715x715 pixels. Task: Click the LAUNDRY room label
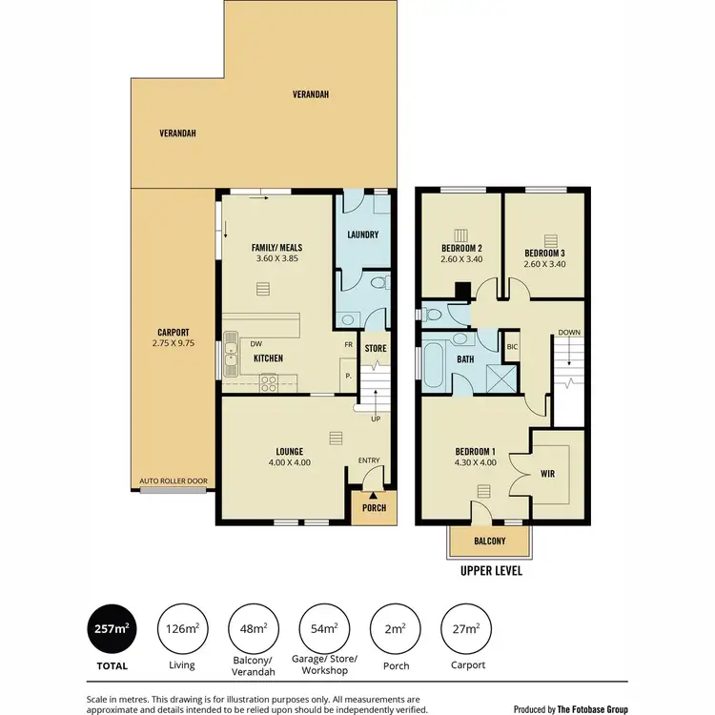pos(363,235)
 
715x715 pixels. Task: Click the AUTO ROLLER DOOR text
pos(173,481)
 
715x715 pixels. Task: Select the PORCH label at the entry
pos(373,507)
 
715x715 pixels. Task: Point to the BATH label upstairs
pos(466,360)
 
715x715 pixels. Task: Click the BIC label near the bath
pos(512,347)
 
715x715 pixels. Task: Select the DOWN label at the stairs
pos(568,333)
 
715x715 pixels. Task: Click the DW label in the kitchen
pos(256,344)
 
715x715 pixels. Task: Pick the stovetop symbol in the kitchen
pos(269,384)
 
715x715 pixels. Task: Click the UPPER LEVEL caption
pos(490,572)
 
